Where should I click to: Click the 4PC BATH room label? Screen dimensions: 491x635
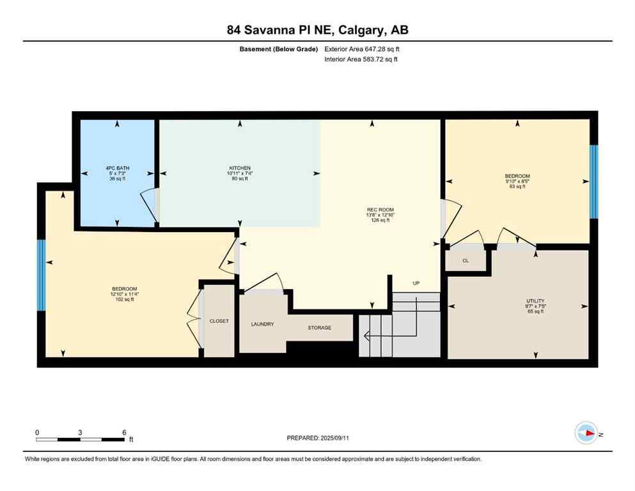[117, 168]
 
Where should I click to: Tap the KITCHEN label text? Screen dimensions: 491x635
[240, 168]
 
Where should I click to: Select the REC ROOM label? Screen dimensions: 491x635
[380, 210]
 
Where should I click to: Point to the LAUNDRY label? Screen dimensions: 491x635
[262, 324]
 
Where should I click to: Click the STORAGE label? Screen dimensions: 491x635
[320, 328]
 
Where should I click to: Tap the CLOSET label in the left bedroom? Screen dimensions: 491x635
[219, 321]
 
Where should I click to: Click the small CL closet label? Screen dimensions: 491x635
[466, 261]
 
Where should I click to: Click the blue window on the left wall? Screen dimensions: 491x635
[41, 275]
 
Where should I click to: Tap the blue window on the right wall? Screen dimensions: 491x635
[593, 182]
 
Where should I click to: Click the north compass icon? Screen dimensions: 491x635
[586, 433]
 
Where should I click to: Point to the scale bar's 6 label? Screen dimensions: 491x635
[123, 432]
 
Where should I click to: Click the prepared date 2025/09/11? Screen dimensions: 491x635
[318, 438]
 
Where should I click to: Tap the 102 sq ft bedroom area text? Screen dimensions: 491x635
[124, 299]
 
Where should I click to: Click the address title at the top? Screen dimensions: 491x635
[318, 29]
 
